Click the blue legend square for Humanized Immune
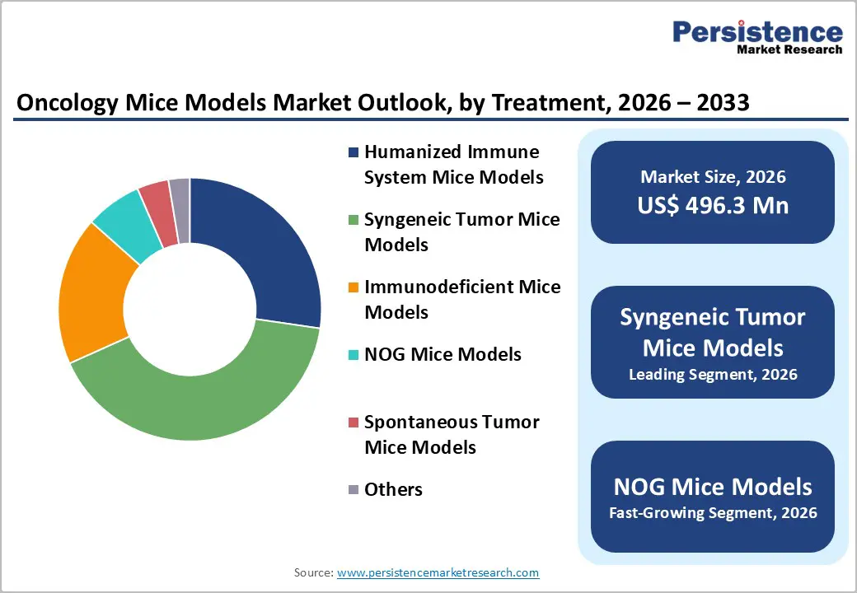pyautogui.click(x=354, y=152)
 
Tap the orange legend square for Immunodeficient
pyautogui.click(x=354, y=287)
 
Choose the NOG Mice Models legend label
pyautogui.click(x=443, y=354)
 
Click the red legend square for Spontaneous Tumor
pyautogui.click(x=354, y=423)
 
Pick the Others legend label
pyautogui.click(x=393, y=489)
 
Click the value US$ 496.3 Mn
pyautogui.click(x=713, y=206)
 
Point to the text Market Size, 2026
pyautogui.click(x=713, y=176)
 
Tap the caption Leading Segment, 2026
pyautogui.click(x=713, y=375)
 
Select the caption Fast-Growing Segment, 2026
pyautogui.click(x=713, y=513)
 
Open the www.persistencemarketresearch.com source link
pyautogui.click(x=438, y=572)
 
